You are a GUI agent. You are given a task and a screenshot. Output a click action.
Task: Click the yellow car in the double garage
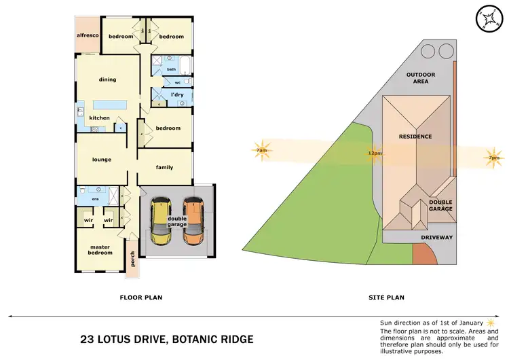point(161,221)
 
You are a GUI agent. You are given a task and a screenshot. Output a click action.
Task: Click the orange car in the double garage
point(193,221)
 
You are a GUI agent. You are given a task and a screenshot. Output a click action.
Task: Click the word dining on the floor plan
point(107,79)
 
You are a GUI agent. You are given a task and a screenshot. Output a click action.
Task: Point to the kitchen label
point(99,118)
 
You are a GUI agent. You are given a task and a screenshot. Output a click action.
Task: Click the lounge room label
point(102,160)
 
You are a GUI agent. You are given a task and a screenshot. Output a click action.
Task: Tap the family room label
point(164,167)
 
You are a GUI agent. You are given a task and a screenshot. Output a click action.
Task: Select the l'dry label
point(177,94)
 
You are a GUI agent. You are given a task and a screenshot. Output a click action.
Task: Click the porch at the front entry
point(133,262)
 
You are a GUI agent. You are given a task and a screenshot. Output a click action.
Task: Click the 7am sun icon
point(261,150)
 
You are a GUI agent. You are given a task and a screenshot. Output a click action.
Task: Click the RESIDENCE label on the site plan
point(415,137)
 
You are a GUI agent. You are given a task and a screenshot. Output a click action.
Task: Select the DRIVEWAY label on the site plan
point(436,237)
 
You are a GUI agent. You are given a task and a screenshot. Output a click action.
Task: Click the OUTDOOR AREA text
point(421,78)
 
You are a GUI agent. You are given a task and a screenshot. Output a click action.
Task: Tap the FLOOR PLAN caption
point(140,297)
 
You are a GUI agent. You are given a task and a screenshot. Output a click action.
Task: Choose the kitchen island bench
point(110,105)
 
